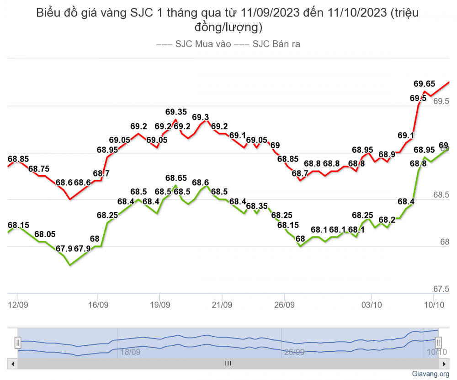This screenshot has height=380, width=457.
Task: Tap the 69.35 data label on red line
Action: coord(176,112)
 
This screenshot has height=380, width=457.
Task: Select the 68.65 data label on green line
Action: coord(176,178)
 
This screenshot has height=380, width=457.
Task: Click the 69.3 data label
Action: coord(201,117)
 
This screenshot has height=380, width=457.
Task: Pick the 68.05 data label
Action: coord(45,234)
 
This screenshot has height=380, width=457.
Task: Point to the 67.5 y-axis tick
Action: coord(441,289)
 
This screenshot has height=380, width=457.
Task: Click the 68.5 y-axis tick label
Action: coord(441,195)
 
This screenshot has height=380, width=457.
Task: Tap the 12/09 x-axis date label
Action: coord(16,304)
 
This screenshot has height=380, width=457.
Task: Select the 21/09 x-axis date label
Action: coord(221,304)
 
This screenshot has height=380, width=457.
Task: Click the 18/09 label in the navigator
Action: coord(130,352)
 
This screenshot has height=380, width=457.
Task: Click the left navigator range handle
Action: coord(17,342)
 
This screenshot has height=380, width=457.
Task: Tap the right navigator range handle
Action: coord(438,342)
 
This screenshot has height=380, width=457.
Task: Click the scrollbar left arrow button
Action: coord(13,364)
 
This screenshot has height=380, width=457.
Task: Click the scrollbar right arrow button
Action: coord(443,364)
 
